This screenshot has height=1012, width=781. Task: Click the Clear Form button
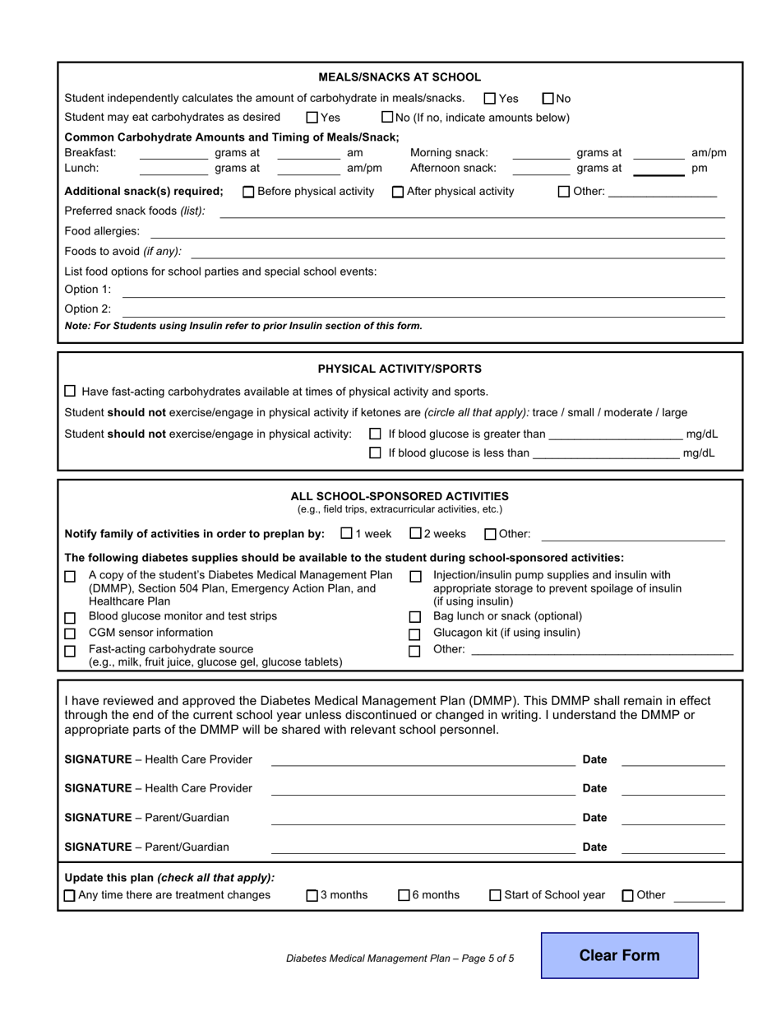pyautogui.click(x=619, y=955)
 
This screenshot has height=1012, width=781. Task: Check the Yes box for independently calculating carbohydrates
pyautogui.click(x=490, y=99)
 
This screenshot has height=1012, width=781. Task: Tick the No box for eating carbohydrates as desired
pyautogui.click(x=388, y=118)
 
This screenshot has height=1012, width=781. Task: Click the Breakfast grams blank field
pyautogui.click(x=173, y=154)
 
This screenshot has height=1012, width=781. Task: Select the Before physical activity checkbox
pyautogui.click(x=248, y=193)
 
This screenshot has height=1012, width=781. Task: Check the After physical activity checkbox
pyautogui.click(x=398, y=193)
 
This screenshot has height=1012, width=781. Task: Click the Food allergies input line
pyautogui.click(x=472, y=233)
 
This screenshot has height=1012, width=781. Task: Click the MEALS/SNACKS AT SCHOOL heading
pyautogui.click(x=400, y=77)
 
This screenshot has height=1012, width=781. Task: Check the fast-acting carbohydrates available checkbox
pyautogui.click(x=70, y=392)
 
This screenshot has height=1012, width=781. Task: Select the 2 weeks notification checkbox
pyautogui.click(x=415, y=533)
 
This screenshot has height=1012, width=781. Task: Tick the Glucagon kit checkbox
pyautogui.click(x=415, y=634)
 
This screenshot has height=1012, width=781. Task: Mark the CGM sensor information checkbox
pyautogui.click(x=70, y=634)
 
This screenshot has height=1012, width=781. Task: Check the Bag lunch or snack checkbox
pyautogui.click(x=415, y=617)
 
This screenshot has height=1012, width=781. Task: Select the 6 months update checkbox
pyautogui.click(x=404, y=896)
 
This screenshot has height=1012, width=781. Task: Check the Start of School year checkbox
pyautogui.click(x=495, y=896)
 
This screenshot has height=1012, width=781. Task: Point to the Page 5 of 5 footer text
pyautogui.click(x=400, y=958)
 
